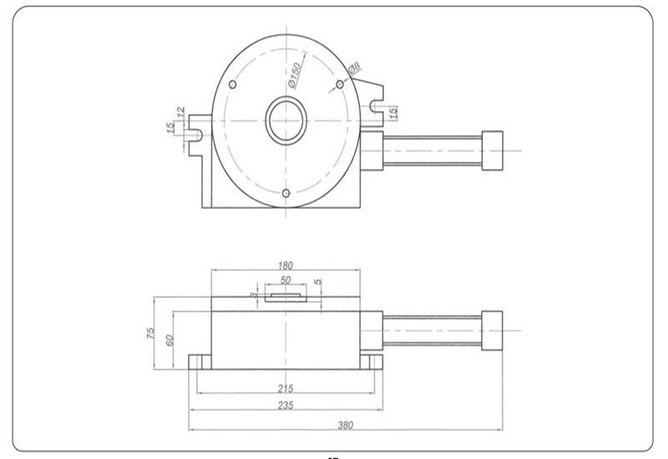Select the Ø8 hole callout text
pos(353,70)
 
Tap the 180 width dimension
pos(286,265)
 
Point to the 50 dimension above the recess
pos(286,280)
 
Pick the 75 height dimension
pos(152,332)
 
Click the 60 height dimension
pos(170,340)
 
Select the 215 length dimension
pos(286,389)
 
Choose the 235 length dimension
pos(286,405)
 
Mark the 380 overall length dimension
pos(346,425)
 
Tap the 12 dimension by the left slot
pos(179,110)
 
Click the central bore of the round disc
pos(286,121)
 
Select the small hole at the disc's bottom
pos(286,194)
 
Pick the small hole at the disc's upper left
pos(233,85)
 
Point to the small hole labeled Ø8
pos(340,85)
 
